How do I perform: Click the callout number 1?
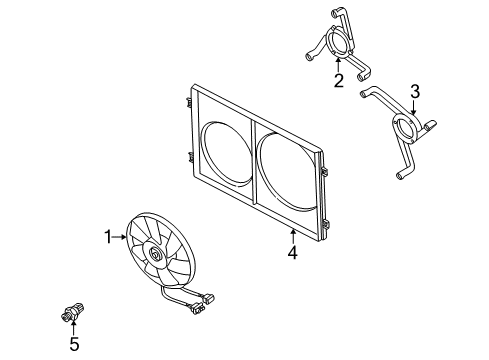108,237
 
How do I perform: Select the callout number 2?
339,81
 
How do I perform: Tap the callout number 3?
415,92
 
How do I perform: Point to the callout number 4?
293,253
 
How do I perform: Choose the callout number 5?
74,344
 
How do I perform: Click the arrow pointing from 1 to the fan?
119,237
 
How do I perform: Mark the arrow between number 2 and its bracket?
338,65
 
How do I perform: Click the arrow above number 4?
293,237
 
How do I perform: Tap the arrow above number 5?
73,327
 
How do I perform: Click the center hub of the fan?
154,254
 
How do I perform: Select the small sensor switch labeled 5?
72,312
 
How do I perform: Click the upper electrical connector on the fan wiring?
209,298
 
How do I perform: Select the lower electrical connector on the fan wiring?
197,309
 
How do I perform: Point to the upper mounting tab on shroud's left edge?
189,102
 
